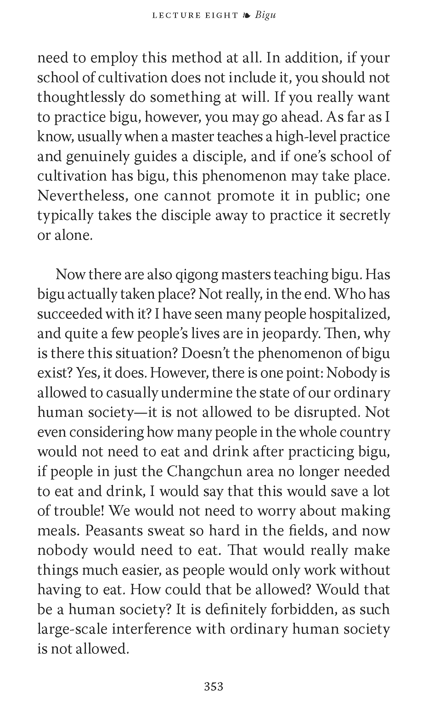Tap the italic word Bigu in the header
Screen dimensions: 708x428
(265, 15)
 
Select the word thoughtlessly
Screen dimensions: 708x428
(81, 97)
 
